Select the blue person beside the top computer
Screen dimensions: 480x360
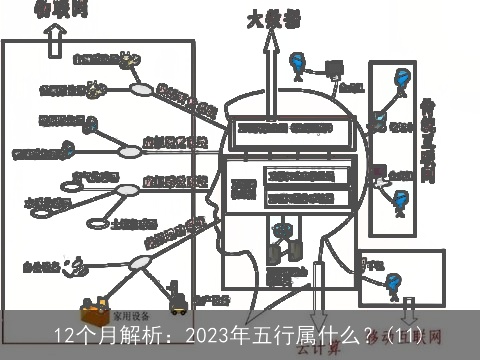click(x=297, y=66)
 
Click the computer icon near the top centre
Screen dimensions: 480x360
click(x=333, y=70)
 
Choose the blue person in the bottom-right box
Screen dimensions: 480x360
click(x=394, y=288)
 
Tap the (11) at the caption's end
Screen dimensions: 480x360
click(x=410, y=335)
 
